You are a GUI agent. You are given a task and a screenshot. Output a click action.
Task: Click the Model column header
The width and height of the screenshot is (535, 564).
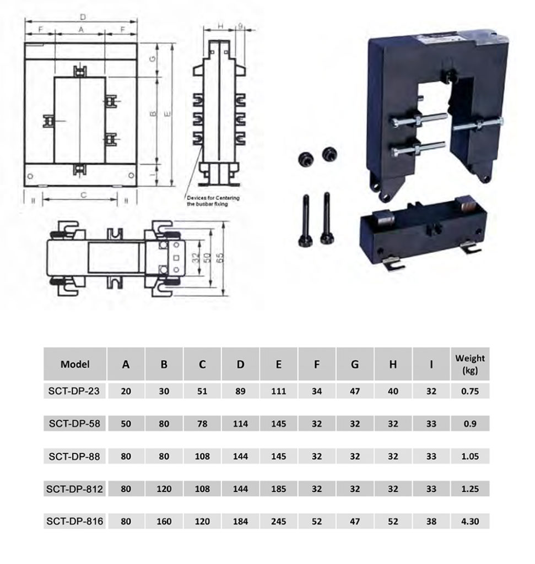(x=75, y=364)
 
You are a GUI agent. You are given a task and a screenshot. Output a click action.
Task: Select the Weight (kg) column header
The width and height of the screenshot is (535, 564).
(x=469, y=364)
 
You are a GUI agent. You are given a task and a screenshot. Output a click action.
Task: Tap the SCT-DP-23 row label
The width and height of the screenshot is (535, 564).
(x=75, y=392)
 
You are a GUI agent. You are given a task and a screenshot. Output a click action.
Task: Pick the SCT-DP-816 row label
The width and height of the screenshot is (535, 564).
(x=75, y=521)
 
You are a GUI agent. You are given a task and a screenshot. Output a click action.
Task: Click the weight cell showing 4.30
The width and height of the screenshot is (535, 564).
(x=469, y=521)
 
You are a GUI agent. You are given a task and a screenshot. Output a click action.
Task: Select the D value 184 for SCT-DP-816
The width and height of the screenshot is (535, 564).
(x=240, y=521)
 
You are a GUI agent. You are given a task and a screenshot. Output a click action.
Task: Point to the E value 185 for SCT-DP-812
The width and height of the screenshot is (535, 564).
(x=278, y=489)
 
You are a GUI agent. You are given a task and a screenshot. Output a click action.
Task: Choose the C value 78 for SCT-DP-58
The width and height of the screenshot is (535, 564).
(x=202, y=424)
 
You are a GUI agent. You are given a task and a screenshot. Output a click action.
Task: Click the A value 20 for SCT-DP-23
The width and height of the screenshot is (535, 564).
(x=126, y=392)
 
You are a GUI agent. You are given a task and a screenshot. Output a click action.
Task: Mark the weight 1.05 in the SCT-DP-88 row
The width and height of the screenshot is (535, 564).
(x=469, y=457)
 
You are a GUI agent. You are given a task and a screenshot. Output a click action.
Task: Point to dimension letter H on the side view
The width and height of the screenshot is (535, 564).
(x=220, y=26)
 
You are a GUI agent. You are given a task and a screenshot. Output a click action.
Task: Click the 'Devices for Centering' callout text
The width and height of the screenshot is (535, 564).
(x=213, y=200)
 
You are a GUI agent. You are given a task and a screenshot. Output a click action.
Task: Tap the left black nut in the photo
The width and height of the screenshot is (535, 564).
(x=304, y=158)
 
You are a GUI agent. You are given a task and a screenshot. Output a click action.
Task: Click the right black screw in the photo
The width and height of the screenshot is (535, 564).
(x=327, y=220)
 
